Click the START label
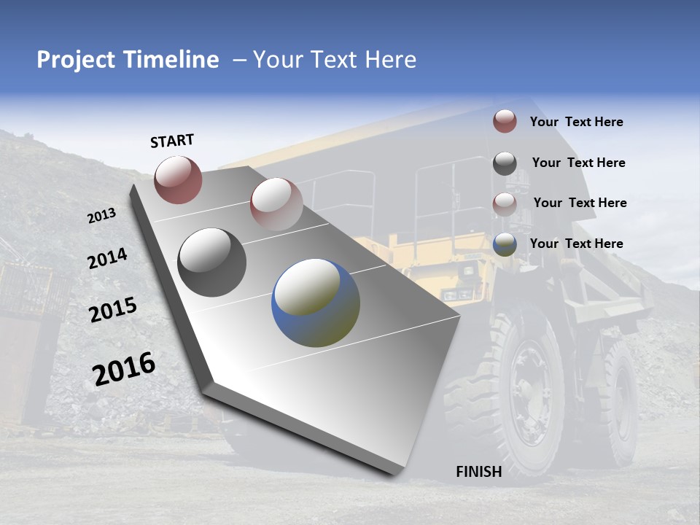pos(172,141)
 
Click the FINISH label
pos(478,472)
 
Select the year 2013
pos(101,216)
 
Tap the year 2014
pos(107,259)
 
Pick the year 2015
pos(112,309)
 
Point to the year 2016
pos(124,368)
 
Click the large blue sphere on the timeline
pos(316,303)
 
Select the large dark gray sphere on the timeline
pos(212,262)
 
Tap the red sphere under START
pos(178,179)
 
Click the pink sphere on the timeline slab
pos(276,203)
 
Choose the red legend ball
pos(505,121)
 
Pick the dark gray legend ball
pos(505,163)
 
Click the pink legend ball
pos(505,203)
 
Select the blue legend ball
pos(505,244)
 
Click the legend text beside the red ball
pos(576,122)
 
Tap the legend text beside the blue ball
pos(576,244)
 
